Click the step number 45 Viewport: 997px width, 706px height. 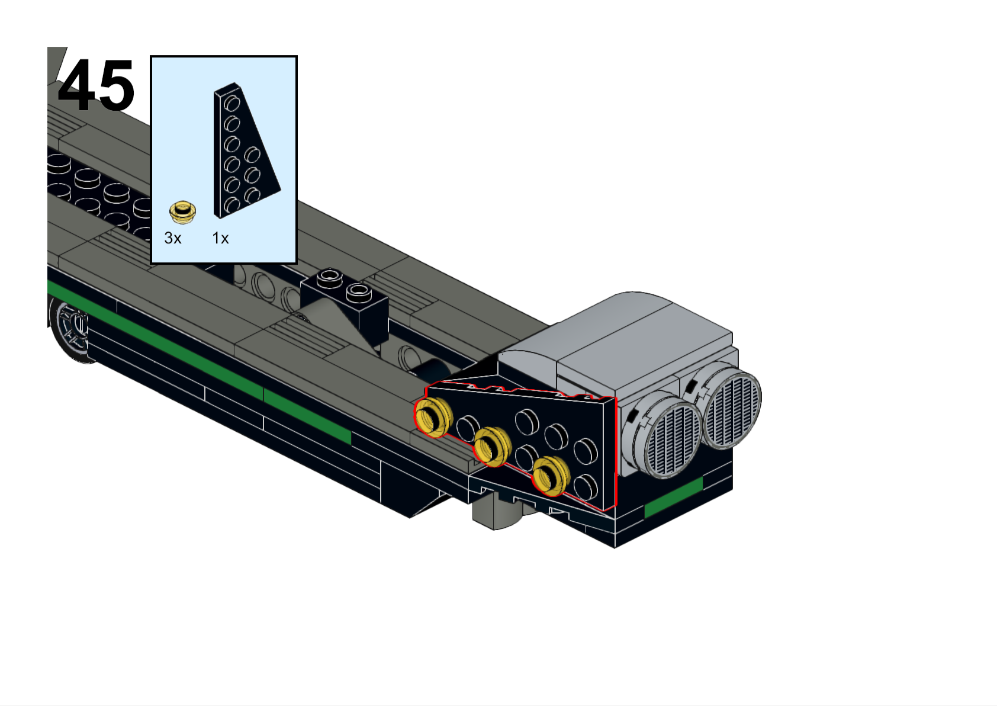click(x=96, y=85)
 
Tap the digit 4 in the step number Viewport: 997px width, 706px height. click(x=76, y=85)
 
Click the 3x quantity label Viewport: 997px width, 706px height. click(x=173, y=238)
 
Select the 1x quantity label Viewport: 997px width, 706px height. click(x=220, y=238)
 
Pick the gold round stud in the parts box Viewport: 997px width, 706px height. click(x=182, y=212)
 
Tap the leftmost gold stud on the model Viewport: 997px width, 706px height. click(x=433, y=417)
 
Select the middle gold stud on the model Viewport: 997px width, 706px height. click(x=493, y=447)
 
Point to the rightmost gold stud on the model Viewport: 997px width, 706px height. click(x=551, y=476)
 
